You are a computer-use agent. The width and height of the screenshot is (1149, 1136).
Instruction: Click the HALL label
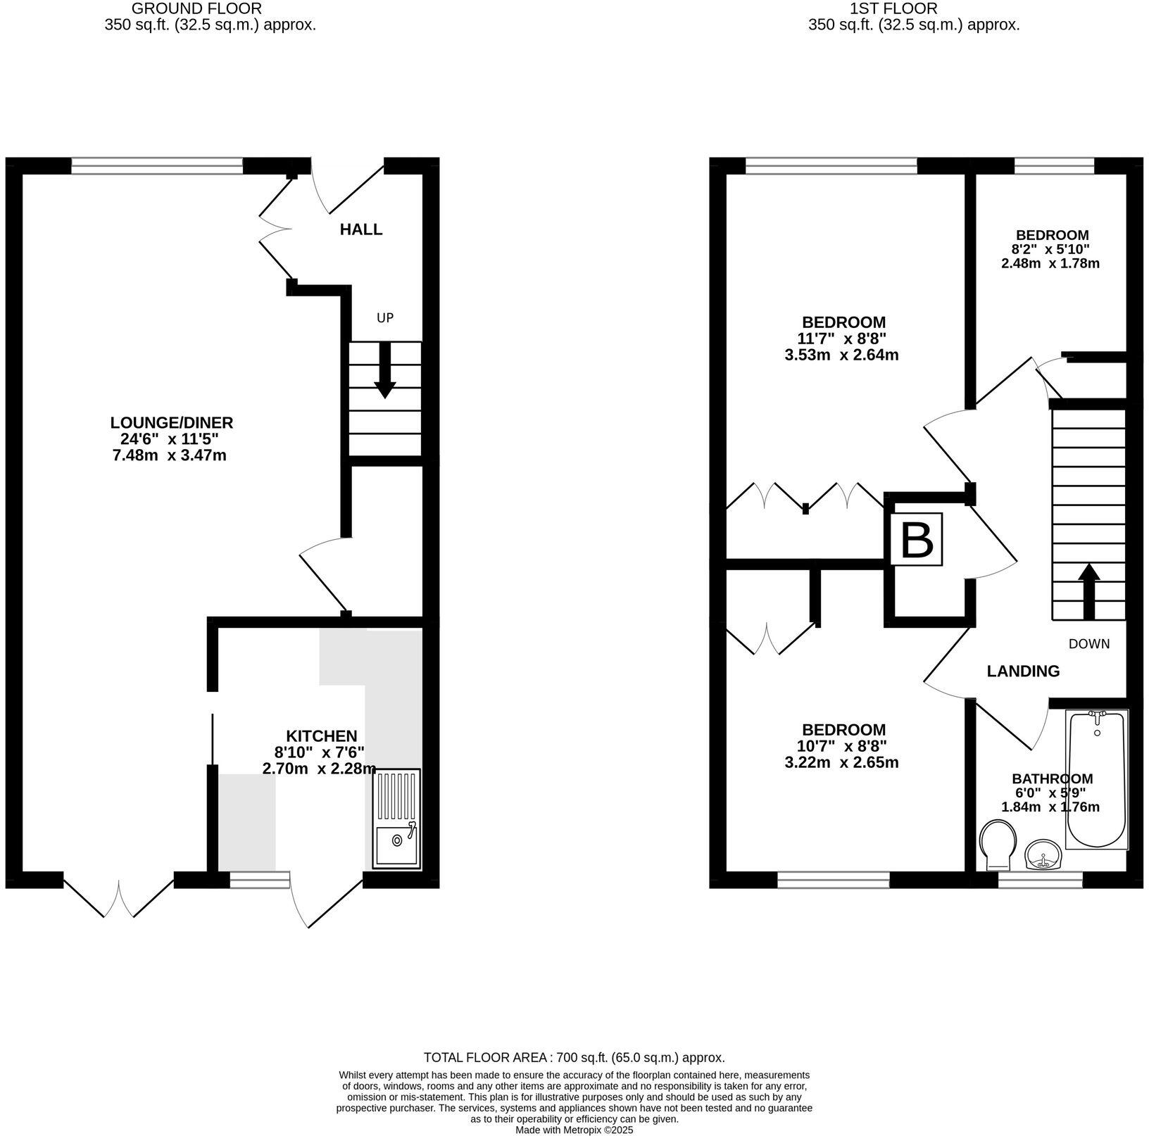pos(361,229)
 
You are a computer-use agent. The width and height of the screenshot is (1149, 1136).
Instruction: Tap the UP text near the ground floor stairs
pos(384,318)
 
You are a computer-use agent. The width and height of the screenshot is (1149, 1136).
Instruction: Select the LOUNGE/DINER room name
pos(171,423)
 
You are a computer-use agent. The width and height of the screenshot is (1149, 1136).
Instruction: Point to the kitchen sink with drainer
pos(395,819)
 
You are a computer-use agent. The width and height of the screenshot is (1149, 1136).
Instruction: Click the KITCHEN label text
pos(321,736)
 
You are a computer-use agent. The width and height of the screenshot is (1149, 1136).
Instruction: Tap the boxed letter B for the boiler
pos(917,540)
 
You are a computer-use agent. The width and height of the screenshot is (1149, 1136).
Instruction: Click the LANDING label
pos(1022,671)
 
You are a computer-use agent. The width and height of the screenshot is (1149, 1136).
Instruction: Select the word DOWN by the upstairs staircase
pos(1088,644)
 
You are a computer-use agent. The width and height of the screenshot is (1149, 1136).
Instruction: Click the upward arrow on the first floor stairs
pos(1088,591)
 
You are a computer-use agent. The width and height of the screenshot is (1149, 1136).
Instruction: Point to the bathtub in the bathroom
pos(1097,780)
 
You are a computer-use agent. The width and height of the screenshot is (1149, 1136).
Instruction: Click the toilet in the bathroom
pos(998,843)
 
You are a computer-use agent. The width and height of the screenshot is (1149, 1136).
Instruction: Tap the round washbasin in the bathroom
pos(1043,856)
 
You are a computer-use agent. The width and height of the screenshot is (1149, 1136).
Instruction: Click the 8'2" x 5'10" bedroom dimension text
pos(1051,249)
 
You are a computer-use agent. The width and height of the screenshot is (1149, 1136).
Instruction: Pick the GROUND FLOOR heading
pos(196,9)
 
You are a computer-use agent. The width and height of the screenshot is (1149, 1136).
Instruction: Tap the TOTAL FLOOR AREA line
pos(574,1058)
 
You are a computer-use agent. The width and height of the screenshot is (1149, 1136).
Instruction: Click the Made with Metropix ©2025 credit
pos(574,1130)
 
